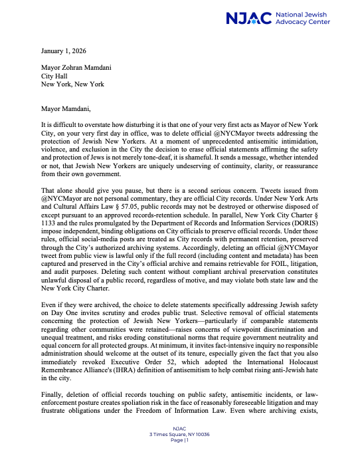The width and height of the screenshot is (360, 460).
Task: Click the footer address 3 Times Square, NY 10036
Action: pyautogui.click(x=180, y=434)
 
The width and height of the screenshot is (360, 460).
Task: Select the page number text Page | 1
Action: pyautogui.click(x=180, y=439)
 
